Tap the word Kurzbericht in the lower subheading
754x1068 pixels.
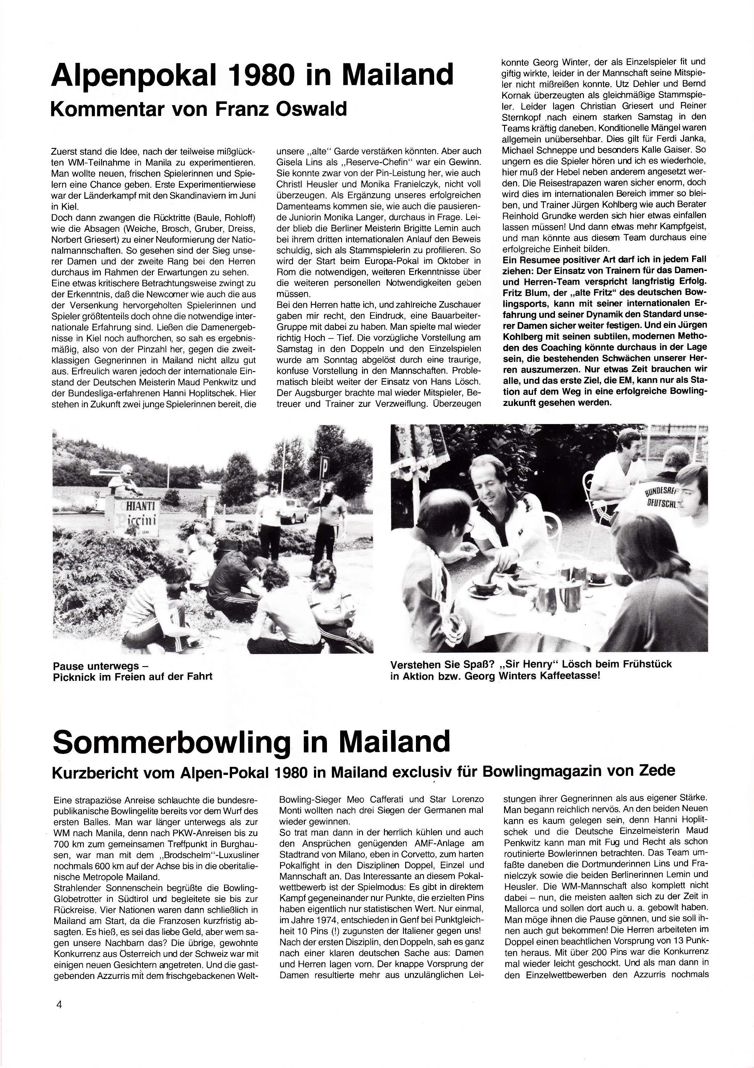96,772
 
